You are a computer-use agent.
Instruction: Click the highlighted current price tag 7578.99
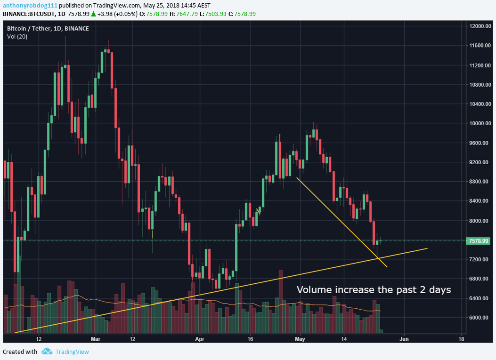(x=479, y=241)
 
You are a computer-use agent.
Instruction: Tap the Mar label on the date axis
(x=96, y=338)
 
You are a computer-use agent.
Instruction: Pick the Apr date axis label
(x=200, y=338)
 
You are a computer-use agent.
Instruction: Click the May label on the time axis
(x=300, y=338)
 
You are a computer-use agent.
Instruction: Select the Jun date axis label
(x=404, y=338)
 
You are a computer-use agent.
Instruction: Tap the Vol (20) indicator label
(x=17, y=36)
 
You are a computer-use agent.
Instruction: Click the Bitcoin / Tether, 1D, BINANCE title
(x=48, y=28)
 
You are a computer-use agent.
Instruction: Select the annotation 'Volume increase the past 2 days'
(x=374, y=289)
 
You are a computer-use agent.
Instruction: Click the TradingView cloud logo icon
(x=46, y=352)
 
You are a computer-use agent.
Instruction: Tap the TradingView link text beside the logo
(x=72, y=352)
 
